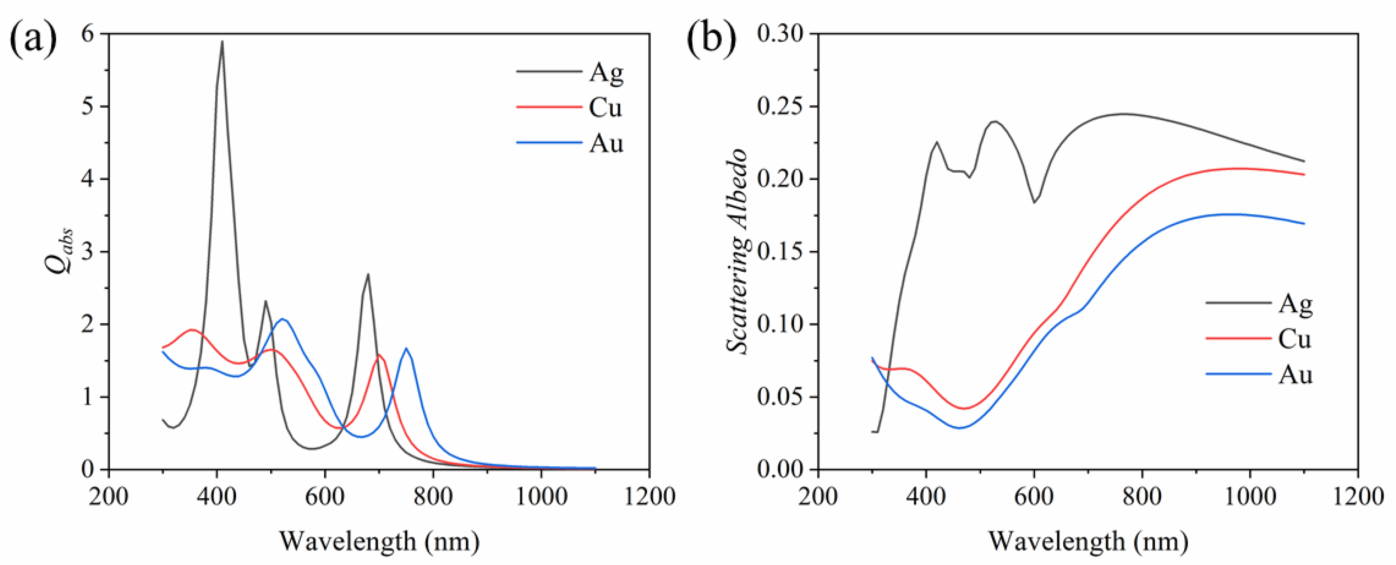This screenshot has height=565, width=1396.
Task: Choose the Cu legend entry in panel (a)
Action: coord(605,107)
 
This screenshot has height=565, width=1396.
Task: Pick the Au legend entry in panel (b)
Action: coord(1295,374)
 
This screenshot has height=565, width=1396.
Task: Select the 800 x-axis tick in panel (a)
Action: coord(433,496)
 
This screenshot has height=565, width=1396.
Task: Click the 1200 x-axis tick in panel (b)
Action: coord(1358,496)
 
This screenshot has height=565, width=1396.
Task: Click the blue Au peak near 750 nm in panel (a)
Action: coord(406,348)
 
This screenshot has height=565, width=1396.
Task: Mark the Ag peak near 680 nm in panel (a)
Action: coord(368,274)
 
